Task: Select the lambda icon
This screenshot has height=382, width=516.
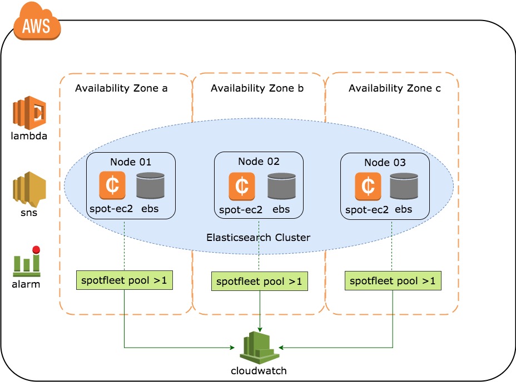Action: pos(29,113)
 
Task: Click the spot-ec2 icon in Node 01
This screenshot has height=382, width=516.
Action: pos(113,186)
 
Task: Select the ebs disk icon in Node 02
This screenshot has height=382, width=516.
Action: pos(281,186)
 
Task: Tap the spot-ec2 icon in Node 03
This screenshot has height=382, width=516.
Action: pos(368,186)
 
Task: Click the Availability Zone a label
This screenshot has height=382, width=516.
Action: pos(121,88)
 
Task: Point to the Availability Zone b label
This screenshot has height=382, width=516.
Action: pos(257,88)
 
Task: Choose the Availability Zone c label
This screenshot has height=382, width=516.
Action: pos(394,88)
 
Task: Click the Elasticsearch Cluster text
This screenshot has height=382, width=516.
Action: pos(258,237)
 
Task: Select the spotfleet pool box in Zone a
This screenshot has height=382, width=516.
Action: pos(124,280)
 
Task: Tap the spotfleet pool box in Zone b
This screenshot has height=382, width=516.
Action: pos(259,281)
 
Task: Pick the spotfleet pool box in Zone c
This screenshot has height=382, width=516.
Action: pos(393,280)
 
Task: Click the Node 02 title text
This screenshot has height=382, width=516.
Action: pos(259,162)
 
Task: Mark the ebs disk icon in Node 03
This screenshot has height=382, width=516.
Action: pos(404,186)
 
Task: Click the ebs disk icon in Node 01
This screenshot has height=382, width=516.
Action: pos(150,186)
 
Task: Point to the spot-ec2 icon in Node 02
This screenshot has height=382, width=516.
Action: pos(242,186)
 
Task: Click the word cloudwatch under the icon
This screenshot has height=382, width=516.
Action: pos(260,370)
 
